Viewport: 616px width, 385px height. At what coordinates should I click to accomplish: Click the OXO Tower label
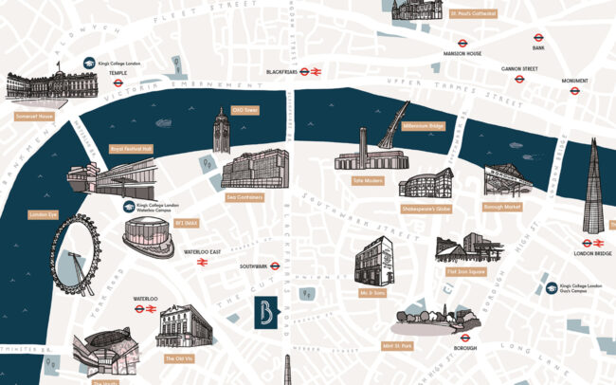tap(245, 110)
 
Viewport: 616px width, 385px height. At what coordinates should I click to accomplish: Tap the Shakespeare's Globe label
tap(426, 209)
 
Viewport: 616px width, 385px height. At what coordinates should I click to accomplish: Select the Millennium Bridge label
tap(423, 125)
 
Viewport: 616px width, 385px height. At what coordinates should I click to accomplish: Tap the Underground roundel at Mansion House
tap(461, 42)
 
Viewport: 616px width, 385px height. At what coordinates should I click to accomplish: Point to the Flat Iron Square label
tap(465, 270)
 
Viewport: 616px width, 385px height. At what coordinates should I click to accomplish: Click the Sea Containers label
tap(245, 197)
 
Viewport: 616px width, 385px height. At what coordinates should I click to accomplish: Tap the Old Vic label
tap(176, 357)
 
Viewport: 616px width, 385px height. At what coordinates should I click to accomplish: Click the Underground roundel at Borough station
tap(465, 336)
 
